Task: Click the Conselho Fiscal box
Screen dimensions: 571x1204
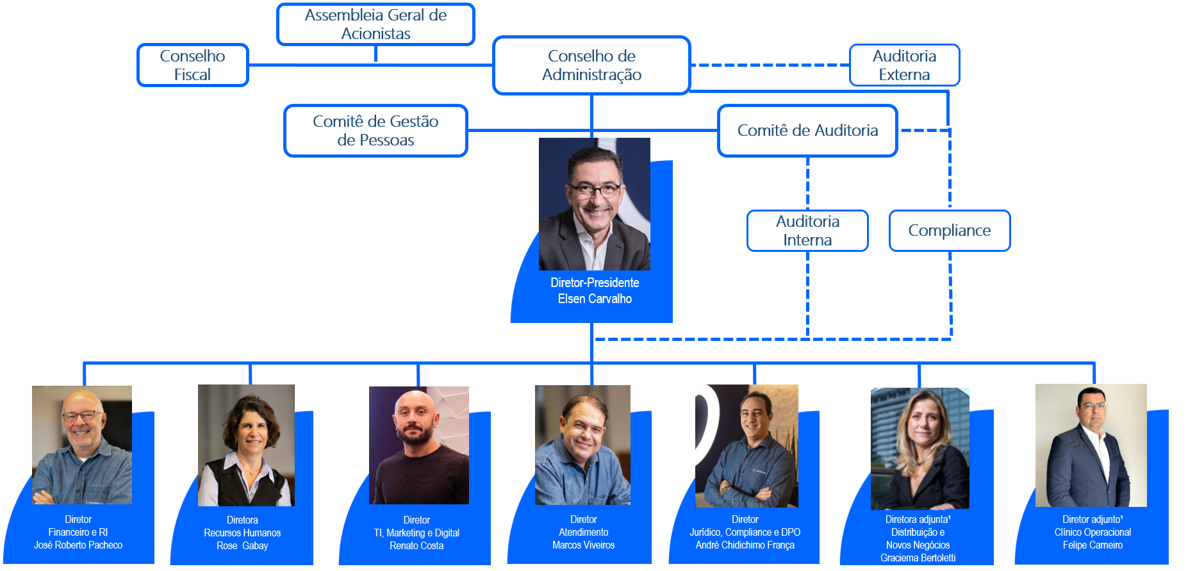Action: coord(192,65)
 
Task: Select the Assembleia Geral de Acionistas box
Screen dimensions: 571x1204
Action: coord(375,24)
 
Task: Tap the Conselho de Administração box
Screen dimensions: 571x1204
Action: coord(591,65)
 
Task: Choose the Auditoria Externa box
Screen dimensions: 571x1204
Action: coord(904,65)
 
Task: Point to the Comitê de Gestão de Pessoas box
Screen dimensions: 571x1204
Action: coord(375,131)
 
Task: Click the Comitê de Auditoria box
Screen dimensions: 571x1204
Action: coord(807,131)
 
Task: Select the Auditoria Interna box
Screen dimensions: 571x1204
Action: coord(807,231)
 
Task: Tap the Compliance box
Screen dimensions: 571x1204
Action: coord(949,231)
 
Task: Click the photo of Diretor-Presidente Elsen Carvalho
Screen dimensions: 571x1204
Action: coord(595,204)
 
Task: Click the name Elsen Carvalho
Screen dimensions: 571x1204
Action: coord(595,299)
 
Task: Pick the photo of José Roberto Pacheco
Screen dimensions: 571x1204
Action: coord(82,445)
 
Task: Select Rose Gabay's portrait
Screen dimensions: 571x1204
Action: coord(246,445)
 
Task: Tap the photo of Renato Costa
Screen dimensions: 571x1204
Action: coord(419,445)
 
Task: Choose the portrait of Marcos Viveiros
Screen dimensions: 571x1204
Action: coord(582,445)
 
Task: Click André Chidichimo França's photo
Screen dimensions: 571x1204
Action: coord(746,445)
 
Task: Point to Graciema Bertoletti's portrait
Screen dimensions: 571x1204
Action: coord(919,448)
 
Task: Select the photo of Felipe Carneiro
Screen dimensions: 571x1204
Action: coord(1091,445)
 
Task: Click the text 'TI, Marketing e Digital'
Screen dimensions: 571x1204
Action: coord(416,533)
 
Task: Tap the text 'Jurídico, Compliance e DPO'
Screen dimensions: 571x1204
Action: coord(745,532)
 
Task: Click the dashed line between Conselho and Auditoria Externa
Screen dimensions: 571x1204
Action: coord(769,65)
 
